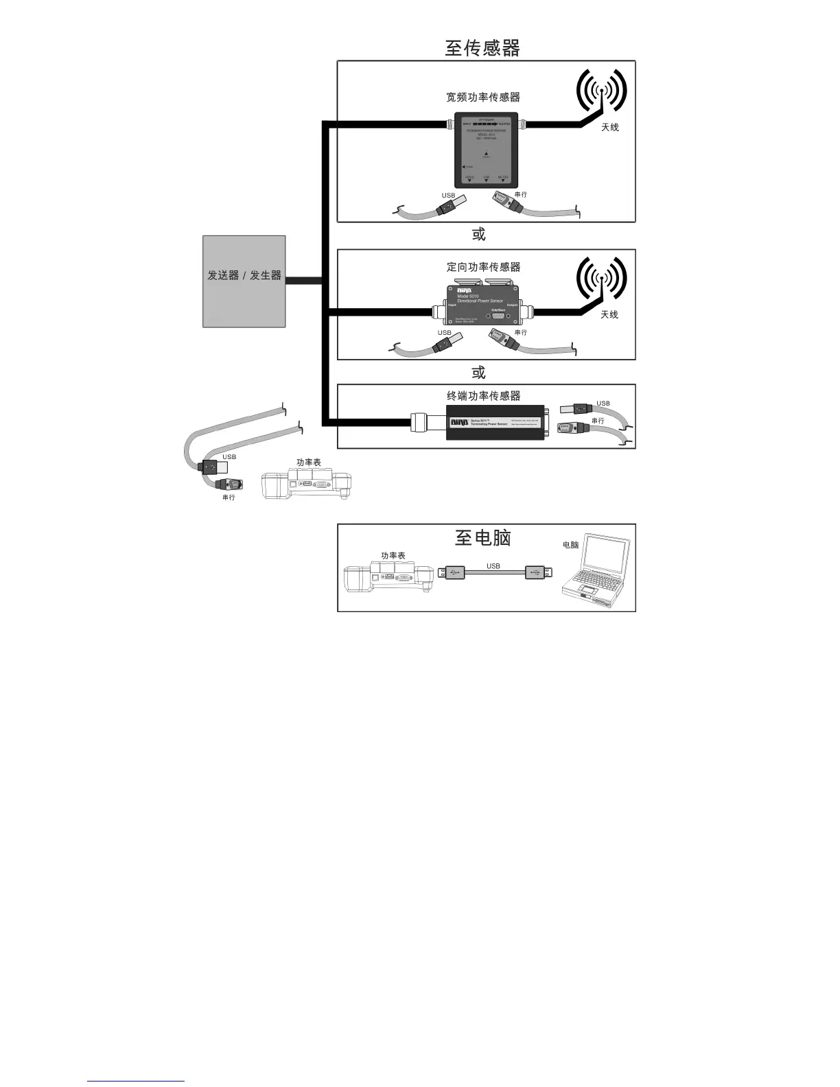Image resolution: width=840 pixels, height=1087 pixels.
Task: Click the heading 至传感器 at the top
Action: point(482,48)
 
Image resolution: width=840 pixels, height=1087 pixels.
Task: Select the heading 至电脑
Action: point(483,537)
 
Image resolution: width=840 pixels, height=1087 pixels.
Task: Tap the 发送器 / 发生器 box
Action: point(244,281)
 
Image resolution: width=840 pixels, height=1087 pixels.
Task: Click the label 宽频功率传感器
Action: point(483,97)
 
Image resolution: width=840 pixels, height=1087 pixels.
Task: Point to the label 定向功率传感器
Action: point(483,267)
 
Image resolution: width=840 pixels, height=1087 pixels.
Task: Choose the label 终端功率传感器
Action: point(483,396)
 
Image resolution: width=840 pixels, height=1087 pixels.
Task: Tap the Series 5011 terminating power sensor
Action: point(495,422)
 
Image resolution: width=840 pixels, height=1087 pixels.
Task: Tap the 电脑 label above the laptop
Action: point(570,545)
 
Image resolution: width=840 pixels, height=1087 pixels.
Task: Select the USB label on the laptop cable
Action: point(493,566)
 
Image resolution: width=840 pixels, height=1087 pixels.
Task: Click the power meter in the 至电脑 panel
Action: point(389,579)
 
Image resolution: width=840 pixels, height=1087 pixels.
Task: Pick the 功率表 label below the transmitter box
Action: point(308,463)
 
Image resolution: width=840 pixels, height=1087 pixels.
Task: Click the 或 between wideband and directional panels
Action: point(478,235)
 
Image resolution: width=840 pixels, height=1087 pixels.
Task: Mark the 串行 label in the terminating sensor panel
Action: point(598,421)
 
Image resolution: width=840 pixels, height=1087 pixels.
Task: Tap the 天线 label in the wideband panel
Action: point(610,128)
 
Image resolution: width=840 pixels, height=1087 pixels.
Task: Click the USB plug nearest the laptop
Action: point(539,572)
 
